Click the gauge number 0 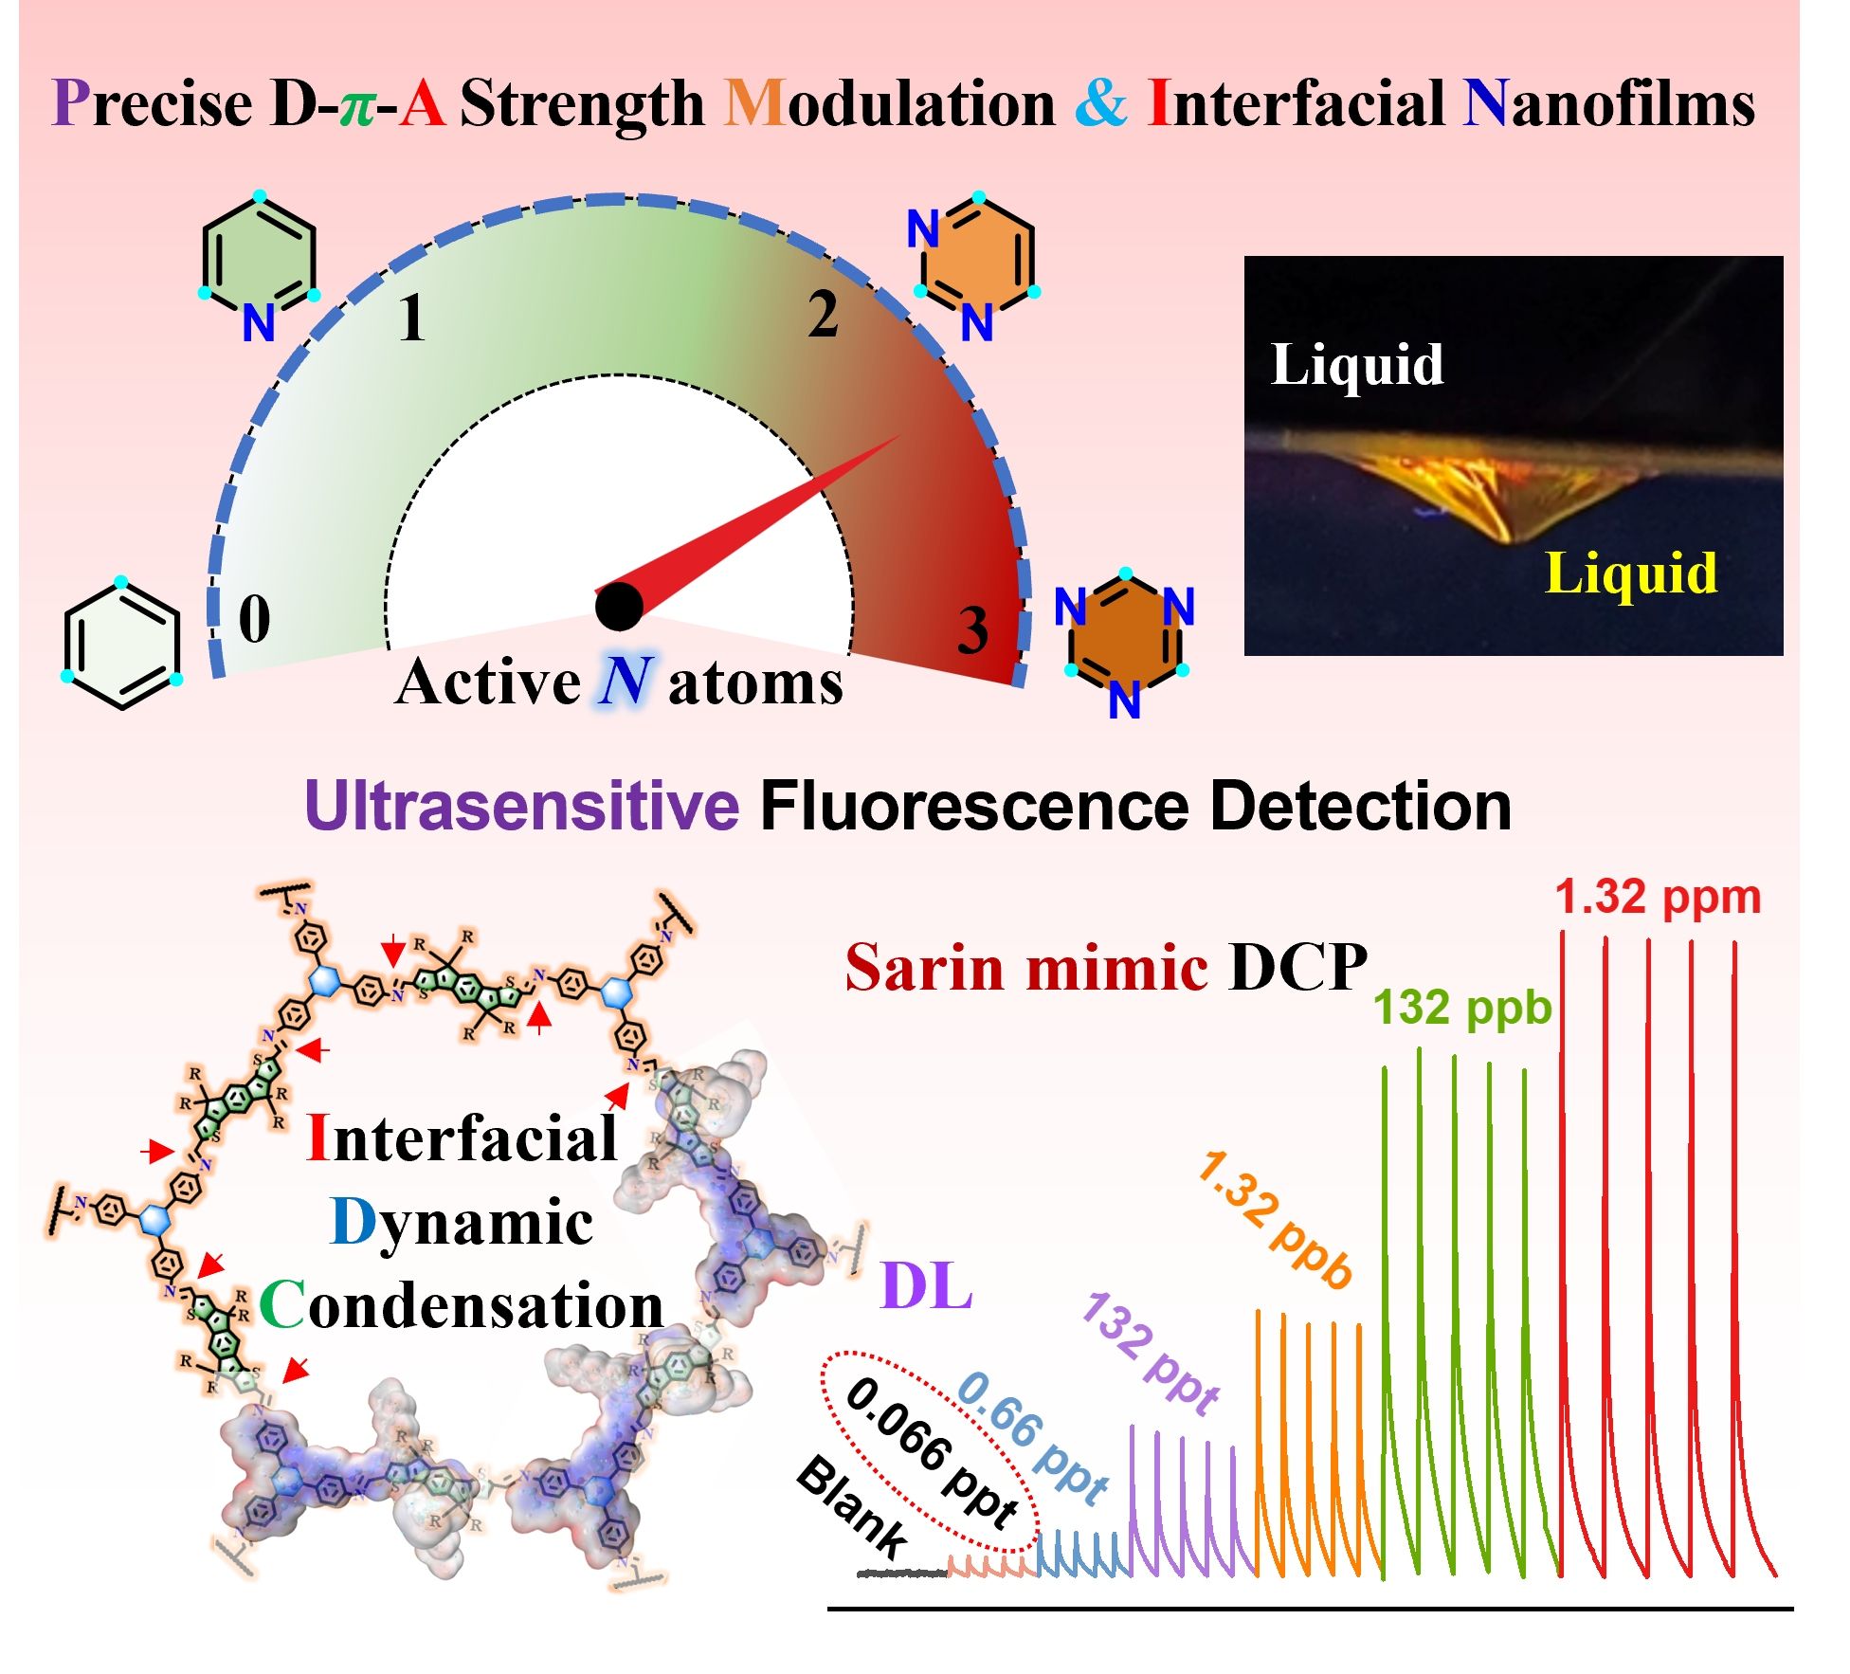[x=254, y=618]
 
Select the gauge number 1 [x=411, y=318]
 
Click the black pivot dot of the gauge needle [x=619, y=607]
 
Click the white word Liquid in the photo [x=1356, y=365]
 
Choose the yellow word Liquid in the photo [x=1630, y=573]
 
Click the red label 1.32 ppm [x=1658, y=897]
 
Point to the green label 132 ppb [x=1462, y=1007]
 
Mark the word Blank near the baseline [x=851, y=1508]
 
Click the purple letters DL [x=926, y=1286]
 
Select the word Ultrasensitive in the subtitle [x=521, y=807]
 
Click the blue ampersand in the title [x=1100, y=102]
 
